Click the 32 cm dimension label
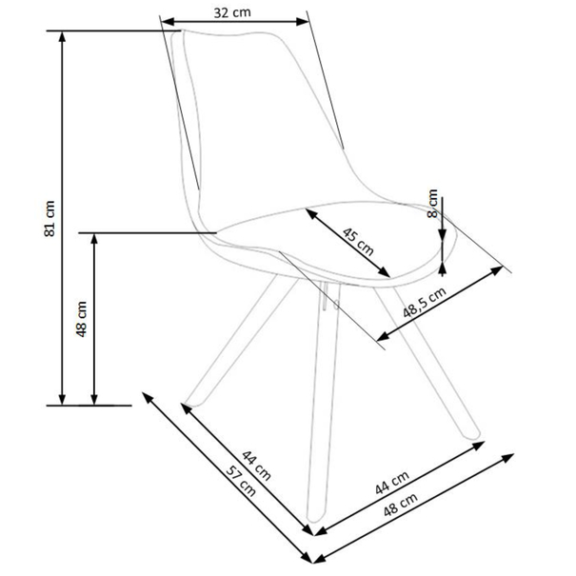point(232,12)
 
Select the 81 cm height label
point(50,219)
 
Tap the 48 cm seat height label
point(82,319)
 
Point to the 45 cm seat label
point(358,242)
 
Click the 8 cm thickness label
point(433,203)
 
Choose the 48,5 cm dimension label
point(425,302)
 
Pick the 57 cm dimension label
point(241,481)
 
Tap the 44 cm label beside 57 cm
point(256,465)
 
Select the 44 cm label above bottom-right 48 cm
point(392,483)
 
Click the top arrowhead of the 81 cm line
point(62,34)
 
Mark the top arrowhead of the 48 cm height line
point(94,236)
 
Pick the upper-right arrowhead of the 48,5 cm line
point(499,269)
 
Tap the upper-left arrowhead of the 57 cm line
point(146,395)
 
